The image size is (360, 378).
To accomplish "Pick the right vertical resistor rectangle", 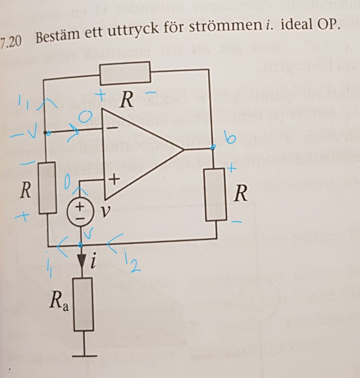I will pyautogui.click(x=216, y=195).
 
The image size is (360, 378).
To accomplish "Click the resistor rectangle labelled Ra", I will pyautogui.click(x=82, y=304).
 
